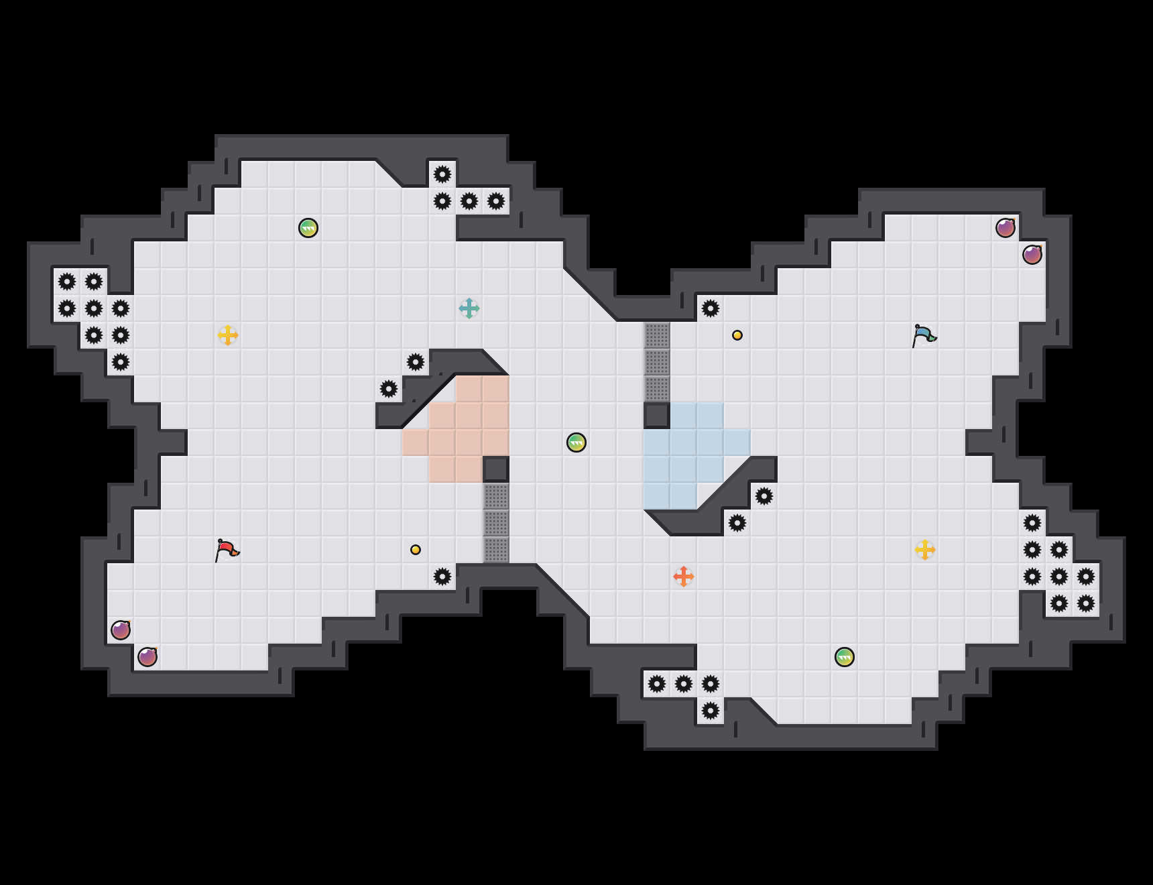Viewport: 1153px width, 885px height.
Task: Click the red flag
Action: [227, 550]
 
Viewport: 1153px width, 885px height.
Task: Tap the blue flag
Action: [924, 335]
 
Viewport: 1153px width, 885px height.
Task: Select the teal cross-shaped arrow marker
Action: [469, 308]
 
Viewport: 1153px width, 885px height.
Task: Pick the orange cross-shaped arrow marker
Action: [684, 577]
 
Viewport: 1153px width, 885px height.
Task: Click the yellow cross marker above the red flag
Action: [228, 335]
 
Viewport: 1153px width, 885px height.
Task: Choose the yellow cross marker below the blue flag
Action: [925, 550]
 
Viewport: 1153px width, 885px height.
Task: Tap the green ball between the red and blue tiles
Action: [576, 442]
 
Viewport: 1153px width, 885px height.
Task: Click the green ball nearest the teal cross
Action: [308, 228]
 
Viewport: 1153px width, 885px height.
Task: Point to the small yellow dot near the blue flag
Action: [737, 335]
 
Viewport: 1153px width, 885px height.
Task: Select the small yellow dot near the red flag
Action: [416, 550]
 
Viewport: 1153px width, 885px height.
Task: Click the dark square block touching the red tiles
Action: [496, 469]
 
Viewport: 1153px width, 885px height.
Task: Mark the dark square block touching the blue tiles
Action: [657, 416]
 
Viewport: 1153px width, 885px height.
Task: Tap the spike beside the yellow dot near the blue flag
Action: [711, 308]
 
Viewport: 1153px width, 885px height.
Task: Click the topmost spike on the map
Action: [442, 174]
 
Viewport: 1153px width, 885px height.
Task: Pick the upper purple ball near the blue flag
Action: [1006, 228]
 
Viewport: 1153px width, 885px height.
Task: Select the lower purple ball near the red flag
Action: [147, 657]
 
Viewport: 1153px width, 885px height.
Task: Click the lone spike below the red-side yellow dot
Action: [442, 577]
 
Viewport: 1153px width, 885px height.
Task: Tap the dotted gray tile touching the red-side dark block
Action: [496, 496]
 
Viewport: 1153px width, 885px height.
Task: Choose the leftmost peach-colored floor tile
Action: [416, 442]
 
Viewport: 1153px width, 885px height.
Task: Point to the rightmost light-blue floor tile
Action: [737, 442]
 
